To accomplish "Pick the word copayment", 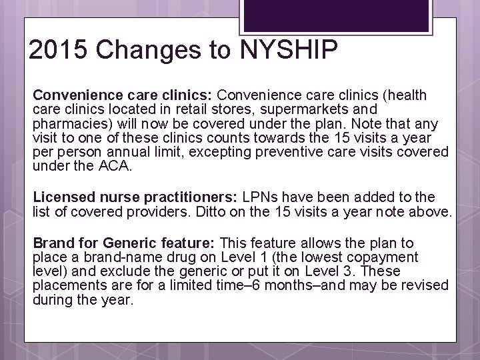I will (387, 257).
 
